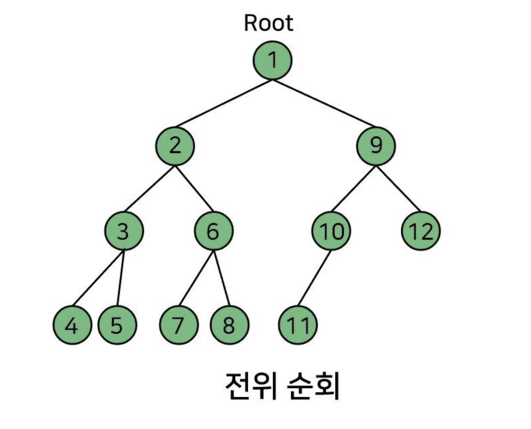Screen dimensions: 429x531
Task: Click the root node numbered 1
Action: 272,60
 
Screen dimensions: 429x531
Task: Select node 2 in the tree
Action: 175,146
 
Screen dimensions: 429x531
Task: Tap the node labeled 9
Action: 376,146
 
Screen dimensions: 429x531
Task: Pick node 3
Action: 124,231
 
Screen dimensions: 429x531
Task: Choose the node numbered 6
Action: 214,231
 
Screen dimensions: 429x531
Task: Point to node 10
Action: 331,231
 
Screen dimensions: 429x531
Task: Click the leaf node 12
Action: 421,231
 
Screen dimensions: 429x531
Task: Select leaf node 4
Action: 72,325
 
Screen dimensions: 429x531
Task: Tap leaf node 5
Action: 117,325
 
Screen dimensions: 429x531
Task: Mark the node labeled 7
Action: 179,325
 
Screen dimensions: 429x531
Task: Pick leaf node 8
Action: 229,325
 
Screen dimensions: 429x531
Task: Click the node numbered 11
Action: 298,325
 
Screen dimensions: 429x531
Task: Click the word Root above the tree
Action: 268,23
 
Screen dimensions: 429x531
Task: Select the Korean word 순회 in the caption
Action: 313,386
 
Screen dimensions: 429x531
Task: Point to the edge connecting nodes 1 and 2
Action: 224,103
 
